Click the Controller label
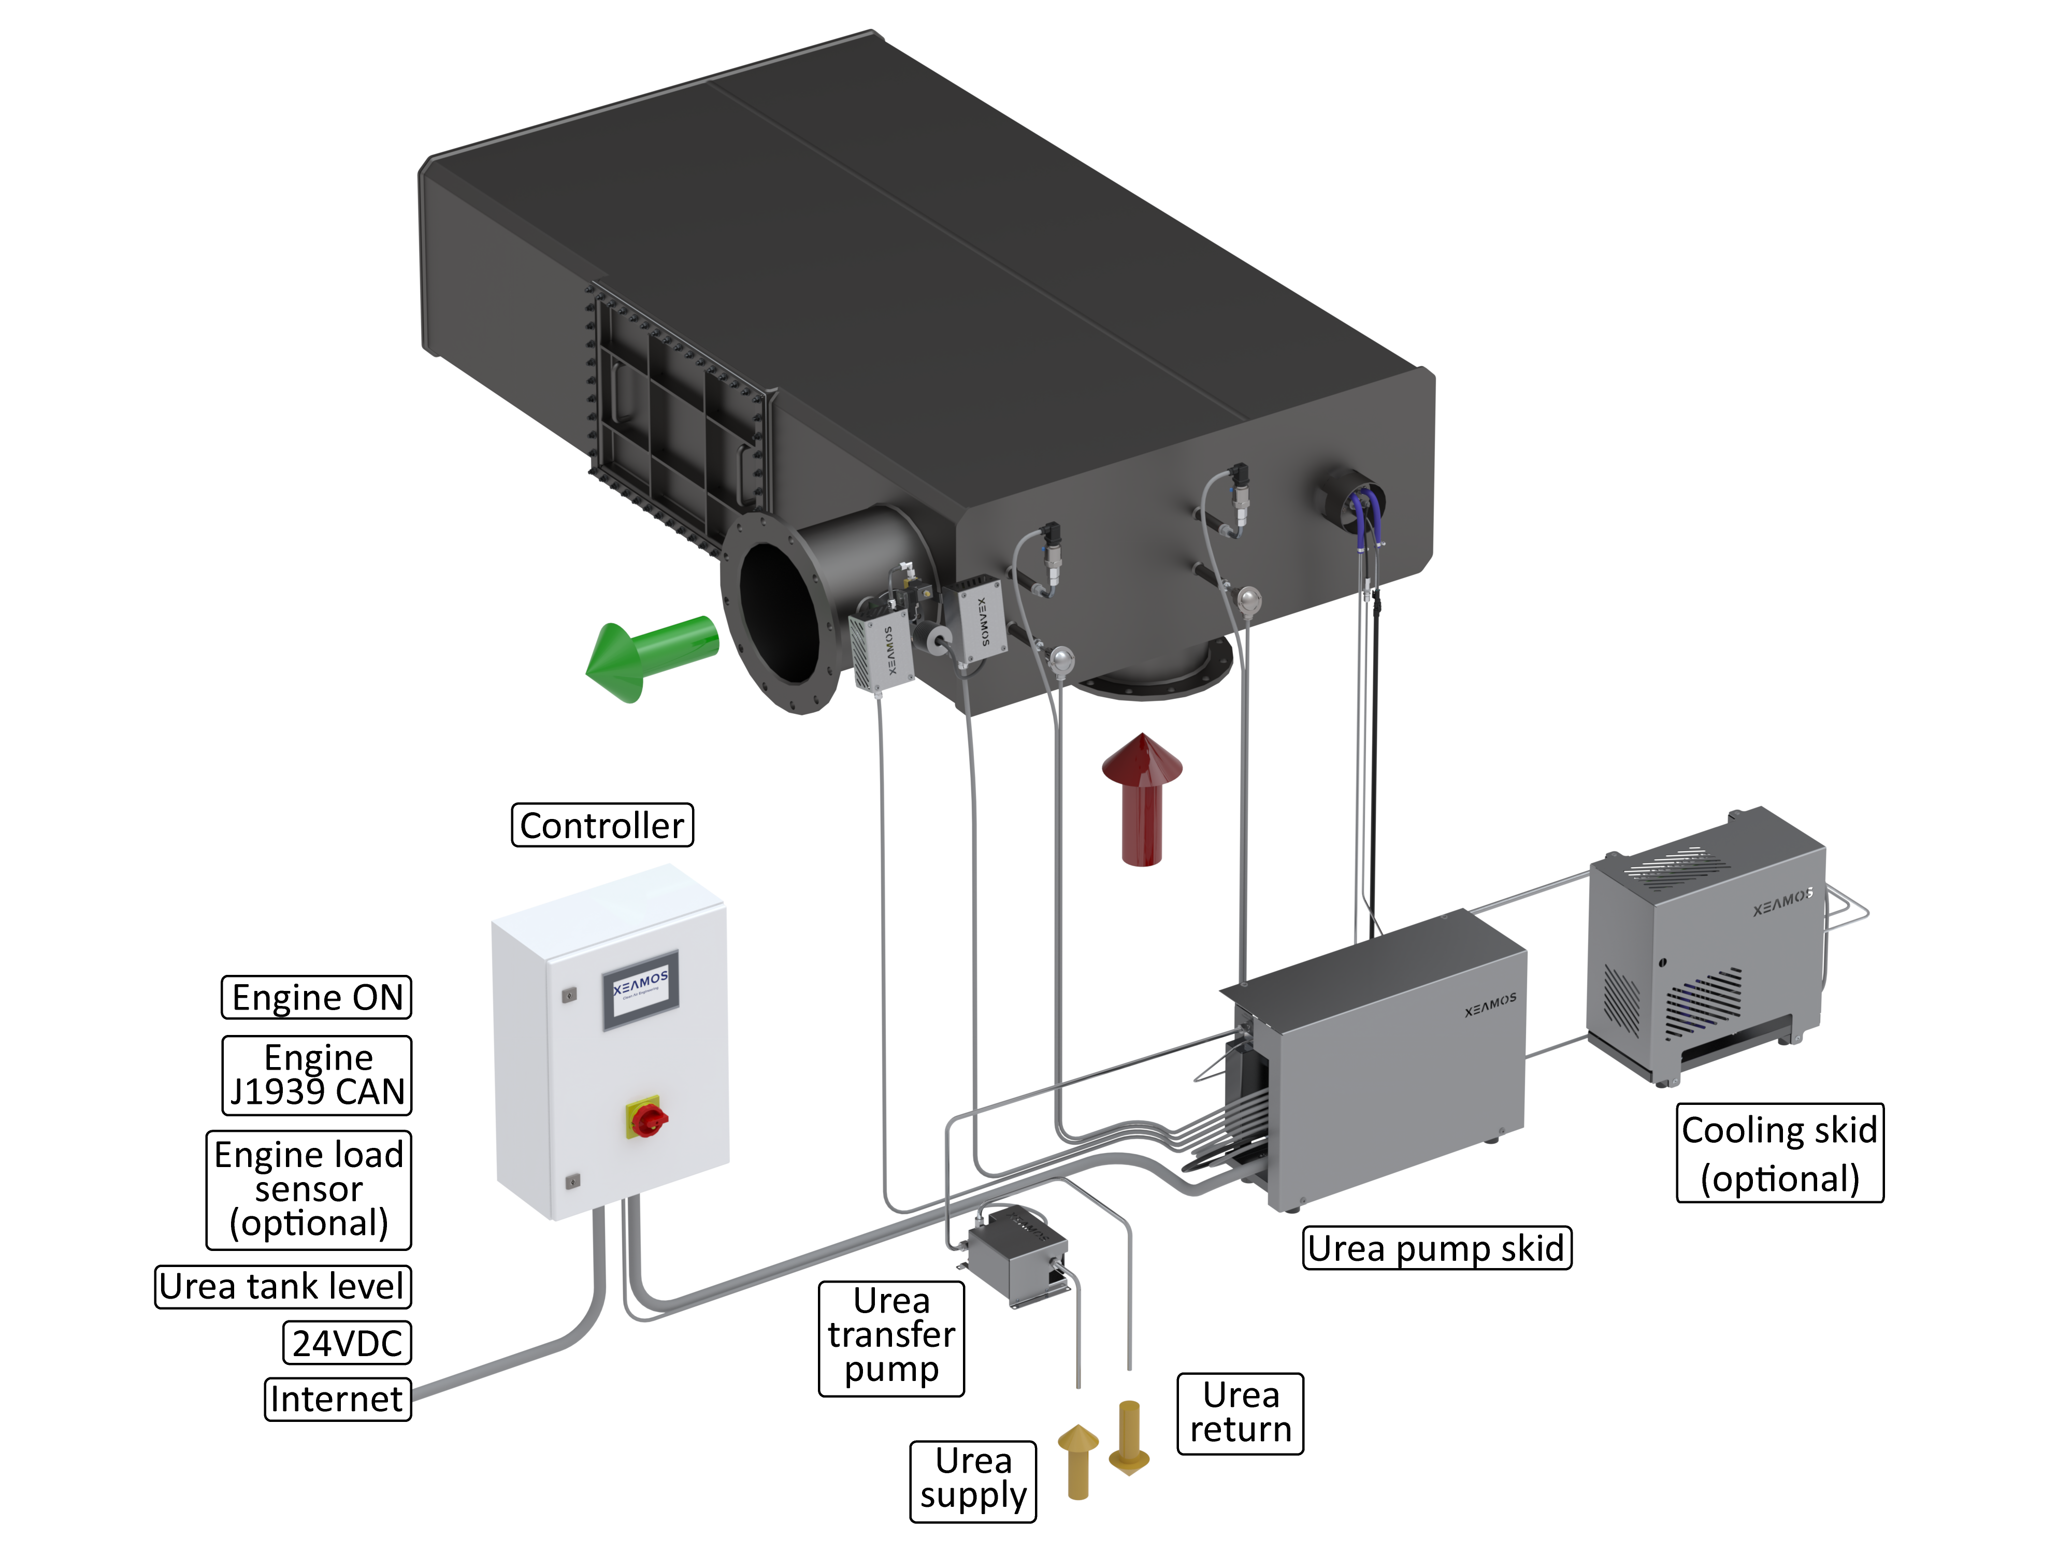602,825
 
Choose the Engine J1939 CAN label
316,1074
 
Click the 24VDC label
347,1343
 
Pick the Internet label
337,1399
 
